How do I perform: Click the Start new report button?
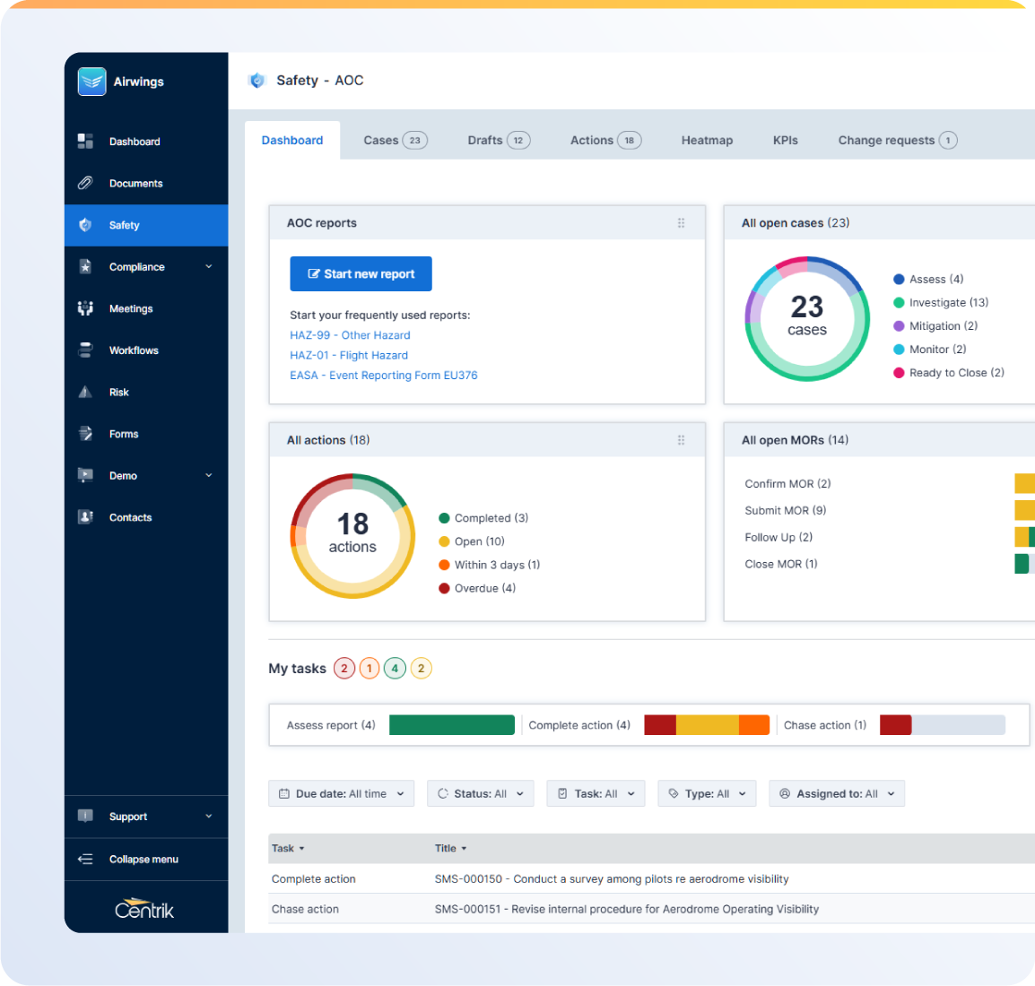(x=361, y=274)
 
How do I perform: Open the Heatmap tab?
(x=707, y=141)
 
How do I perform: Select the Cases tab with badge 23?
(x=395, y=141)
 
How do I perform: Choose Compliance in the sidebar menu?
(x=137, y=267)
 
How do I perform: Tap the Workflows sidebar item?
(x=134, y=350)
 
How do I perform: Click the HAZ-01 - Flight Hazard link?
(x=348, y=356)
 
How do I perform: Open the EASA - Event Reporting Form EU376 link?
(x=383, y=376)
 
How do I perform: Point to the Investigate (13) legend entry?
(x=948, y=303)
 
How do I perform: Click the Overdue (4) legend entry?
(x=484, y=589)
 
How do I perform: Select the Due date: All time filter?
(x=341, y=794)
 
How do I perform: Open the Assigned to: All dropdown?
(x=836, y=794)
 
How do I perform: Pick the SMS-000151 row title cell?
(x=626, y=909)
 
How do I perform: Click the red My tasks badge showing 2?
(x=344, y=669)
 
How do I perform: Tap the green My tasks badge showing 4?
(x=395, y=669)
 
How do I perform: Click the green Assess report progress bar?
(x=452, y=725)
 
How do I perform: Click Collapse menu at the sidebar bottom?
(x=144, y=860)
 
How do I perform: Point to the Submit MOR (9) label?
(x=785, y=511)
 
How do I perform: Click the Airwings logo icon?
(x=91, y=82)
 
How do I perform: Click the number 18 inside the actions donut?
(x=352, y=524)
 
